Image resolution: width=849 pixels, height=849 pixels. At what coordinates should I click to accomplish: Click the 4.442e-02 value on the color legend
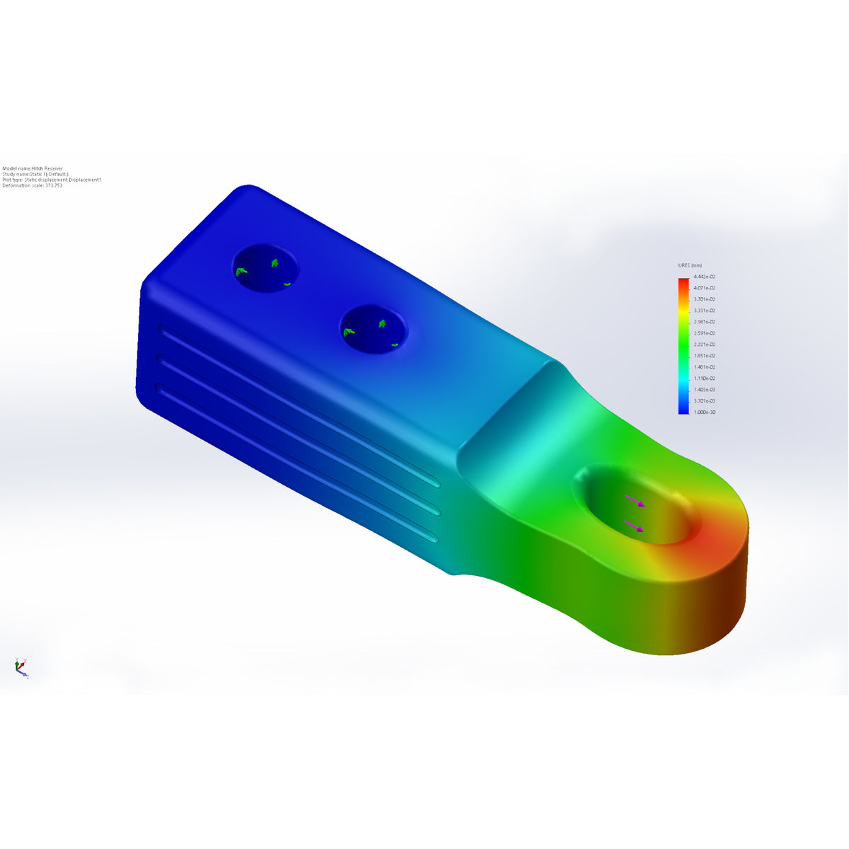704,277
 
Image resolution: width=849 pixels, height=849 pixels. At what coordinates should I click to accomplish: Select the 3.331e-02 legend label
704,311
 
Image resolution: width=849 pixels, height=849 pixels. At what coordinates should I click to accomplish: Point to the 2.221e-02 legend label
704,345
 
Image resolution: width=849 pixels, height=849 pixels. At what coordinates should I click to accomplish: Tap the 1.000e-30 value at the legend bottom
704,412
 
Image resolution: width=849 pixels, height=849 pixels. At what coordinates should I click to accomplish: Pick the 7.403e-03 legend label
704,389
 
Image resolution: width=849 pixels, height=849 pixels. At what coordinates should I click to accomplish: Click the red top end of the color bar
683,282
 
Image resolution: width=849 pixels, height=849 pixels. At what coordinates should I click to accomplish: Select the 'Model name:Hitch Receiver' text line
33,168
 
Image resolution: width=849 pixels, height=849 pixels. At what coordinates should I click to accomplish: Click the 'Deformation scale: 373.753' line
33,185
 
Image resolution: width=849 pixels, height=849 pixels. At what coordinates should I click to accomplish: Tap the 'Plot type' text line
52,180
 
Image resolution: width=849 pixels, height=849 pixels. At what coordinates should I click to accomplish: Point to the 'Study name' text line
35,174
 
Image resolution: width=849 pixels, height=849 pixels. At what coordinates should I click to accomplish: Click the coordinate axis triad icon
21,666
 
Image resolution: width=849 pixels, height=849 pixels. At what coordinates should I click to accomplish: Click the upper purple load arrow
635,501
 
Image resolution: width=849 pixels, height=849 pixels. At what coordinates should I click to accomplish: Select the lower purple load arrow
634,526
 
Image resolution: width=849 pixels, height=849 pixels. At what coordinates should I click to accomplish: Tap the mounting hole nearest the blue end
265,269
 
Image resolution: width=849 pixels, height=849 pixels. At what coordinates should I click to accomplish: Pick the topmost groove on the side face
297,405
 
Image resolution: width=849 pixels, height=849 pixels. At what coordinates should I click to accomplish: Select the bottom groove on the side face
297,464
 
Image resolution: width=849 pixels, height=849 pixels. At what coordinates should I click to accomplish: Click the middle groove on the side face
297,434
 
